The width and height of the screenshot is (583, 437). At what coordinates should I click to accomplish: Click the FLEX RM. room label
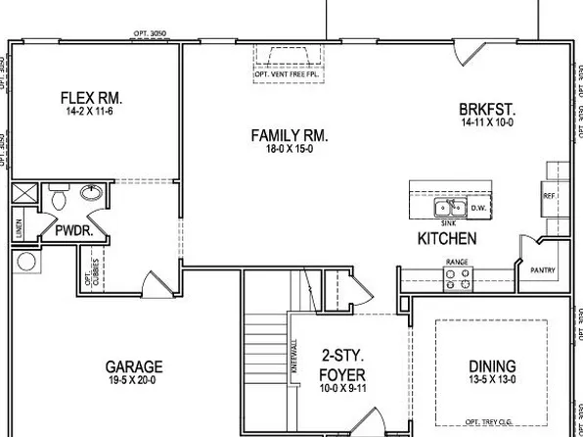pos(90,97)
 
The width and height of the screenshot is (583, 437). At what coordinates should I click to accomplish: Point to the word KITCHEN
pos(447,238)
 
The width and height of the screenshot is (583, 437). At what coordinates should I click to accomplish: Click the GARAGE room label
pos(134,366)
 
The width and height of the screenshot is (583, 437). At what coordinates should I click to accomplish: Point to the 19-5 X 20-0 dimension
pos(134,381)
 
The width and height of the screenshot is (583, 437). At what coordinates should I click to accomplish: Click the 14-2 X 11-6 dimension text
pos(90,111)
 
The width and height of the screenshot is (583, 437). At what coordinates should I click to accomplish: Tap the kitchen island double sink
pos(451,207)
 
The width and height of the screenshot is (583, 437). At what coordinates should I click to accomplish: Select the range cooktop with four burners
pos(456,280)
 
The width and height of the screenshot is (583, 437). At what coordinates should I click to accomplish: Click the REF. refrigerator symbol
pos(549,196)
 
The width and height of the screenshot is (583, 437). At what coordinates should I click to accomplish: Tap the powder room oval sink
pos(92,193)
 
